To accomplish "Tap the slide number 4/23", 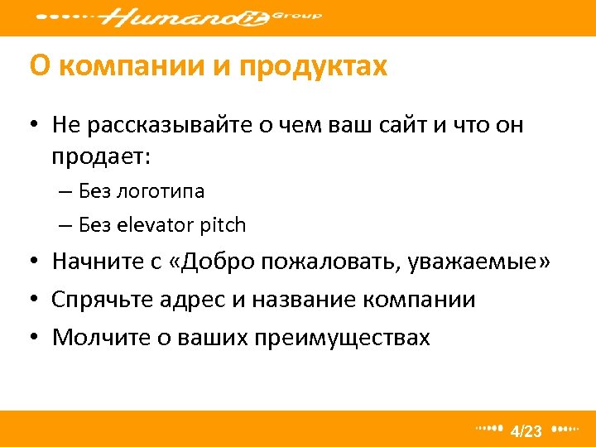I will click(x=526, y=430).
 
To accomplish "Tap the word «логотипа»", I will click(x=161, y=191).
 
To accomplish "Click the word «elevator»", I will click(x=156, y=224).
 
